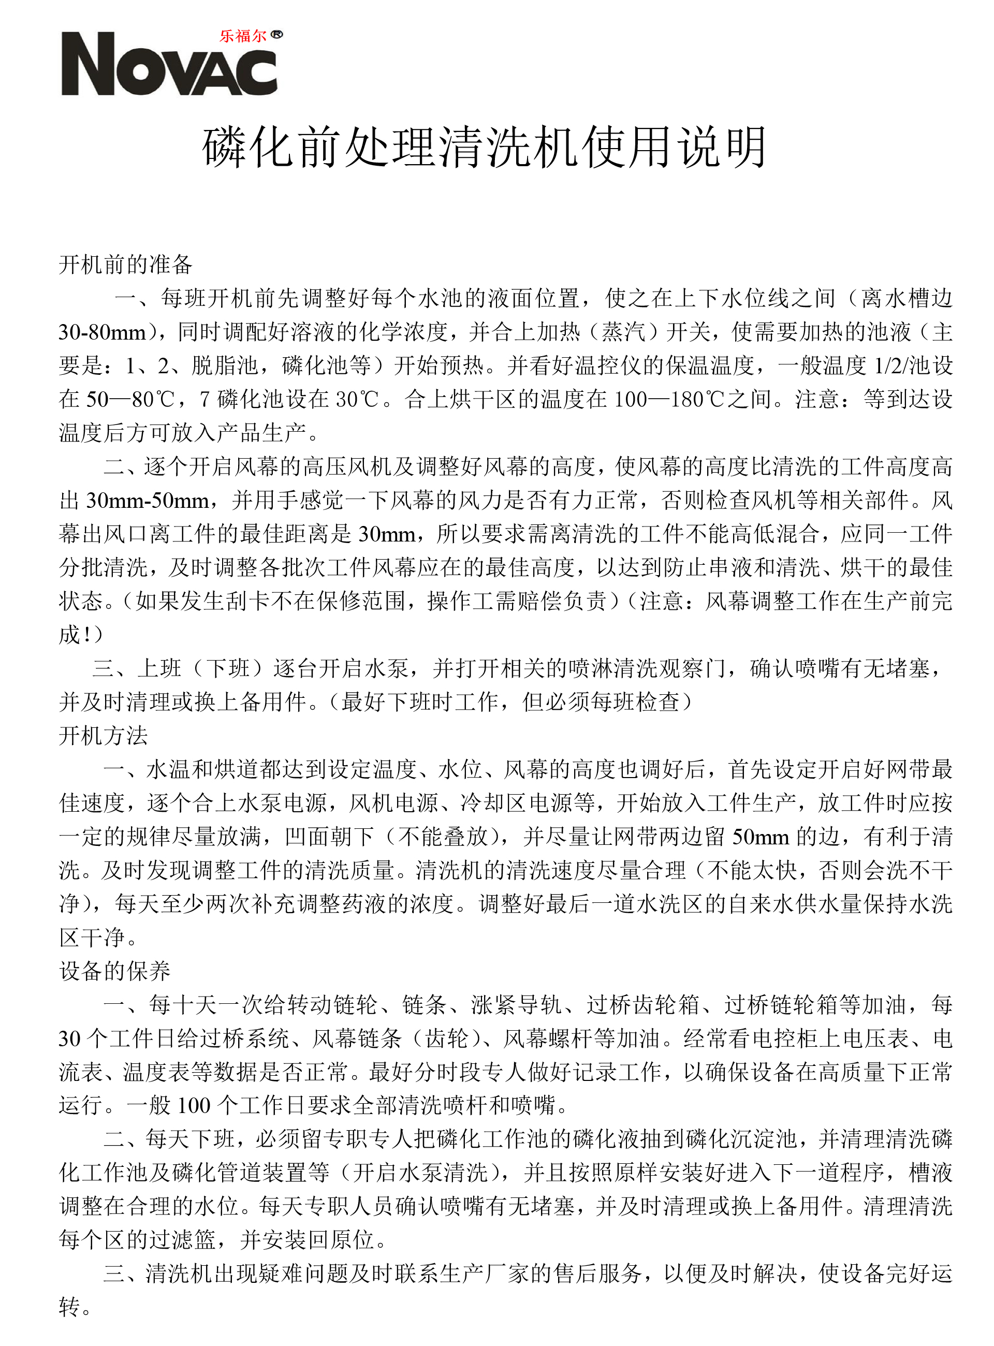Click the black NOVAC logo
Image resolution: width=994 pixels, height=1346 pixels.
[168, 65]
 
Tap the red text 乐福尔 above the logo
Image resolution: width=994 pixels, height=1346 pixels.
[242, 36]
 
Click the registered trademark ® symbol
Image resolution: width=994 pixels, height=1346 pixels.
[277, 34]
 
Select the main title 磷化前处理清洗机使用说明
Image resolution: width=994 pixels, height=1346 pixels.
[485, 148]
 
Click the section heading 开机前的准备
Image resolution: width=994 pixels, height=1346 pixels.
[126, 264]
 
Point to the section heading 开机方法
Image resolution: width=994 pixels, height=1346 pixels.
[104, 735]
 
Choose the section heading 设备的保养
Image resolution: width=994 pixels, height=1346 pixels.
[115, 971]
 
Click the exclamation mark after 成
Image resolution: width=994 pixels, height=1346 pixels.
[87, 635]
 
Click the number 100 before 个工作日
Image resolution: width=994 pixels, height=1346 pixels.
[194, 1105]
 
